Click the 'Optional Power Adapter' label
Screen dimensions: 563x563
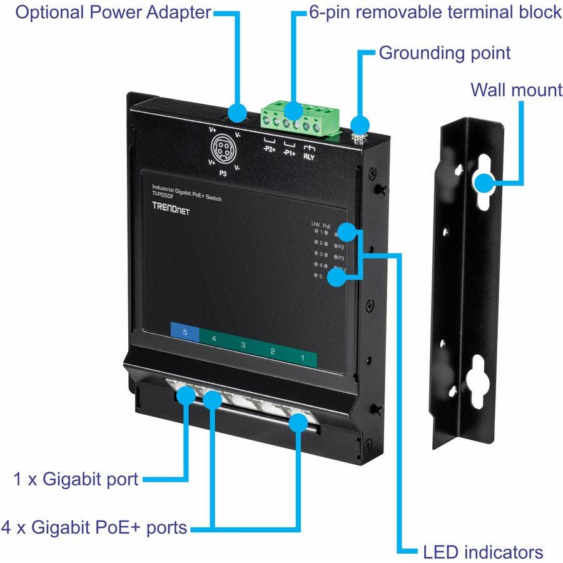click(x=113, y=13)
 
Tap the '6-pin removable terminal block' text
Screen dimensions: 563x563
click(x=435, y=13)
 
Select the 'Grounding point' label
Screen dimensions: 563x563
click(x=445, y=53)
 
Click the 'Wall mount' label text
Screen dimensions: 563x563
click(x=516, y=90)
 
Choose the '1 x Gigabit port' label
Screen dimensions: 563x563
click(x=76, y=480)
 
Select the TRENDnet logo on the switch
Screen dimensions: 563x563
click(x=171, y=211)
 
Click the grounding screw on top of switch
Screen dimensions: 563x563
click(x=359, y=129)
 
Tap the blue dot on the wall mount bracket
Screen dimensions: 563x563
click(x=482, y=183)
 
